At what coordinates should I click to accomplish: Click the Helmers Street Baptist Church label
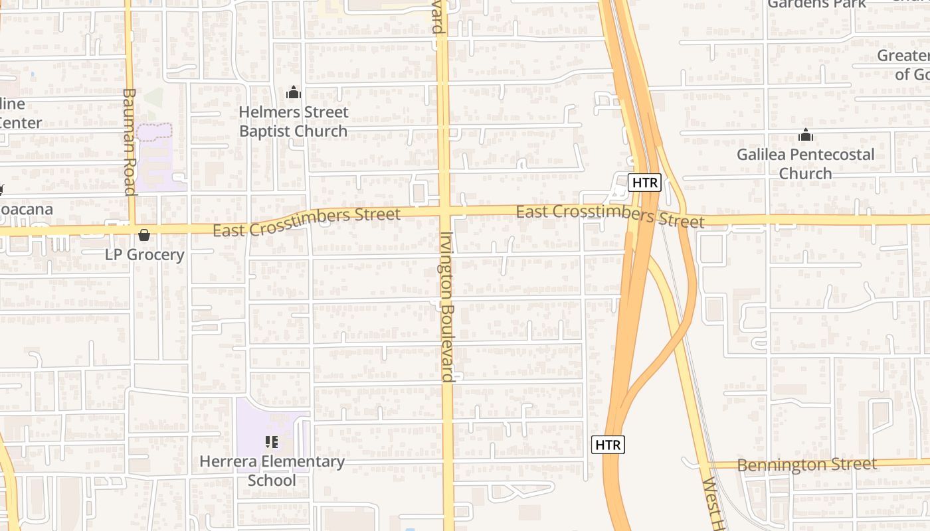(293, 121)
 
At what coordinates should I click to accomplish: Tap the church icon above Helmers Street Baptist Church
(293, 93)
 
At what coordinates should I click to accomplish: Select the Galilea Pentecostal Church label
(805, 164)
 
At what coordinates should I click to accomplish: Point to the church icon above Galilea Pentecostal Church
(806, 135)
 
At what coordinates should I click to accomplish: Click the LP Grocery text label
(145, 255)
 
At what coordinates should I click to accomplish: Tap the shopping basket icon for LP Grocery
(144, 235)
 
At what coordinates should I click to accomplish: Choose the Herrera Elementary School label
(272, 471)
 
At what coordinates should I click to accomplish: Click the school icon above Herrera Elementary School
(271, 441)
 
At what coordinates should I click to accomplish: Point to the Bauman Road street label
(129, 141)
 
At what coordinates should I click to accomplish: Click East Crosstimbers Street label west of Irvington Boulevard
(306, 222)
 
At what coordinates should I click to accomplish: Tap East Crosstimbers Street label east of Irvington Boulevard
(610, 215)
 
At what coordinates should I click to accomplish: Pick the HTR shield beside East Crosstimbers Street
(644, 183)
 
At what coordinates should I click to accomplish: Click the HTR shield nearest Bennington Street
(608, 445)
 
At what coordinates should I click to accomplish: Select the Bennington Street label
(806, 465)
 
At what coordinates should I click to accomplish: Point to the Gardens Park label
(816, 4)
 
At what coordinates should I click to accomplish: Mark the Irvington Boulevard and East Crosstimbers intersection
(444, 212)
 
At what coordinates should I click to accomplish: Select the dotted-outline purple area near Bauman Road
(154, 131)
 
